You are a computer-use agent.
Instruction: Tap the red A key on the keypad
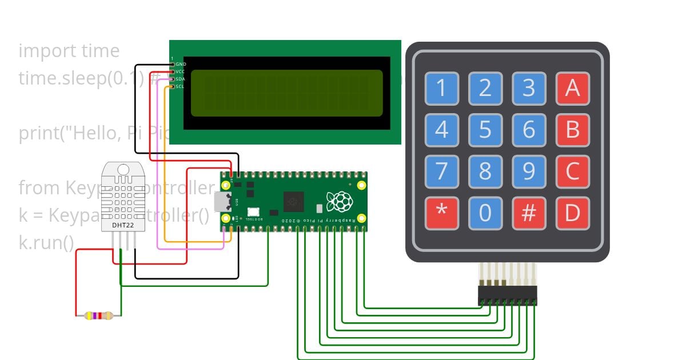point(572,88)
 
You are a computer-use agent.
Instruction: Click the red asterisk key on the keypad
point(441,213)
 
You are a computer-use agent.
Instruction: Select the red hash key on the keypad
point(529,213)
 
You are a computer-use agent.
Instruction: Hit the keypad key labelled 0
point(485,213)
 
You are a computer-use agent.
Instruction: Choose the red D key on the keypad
point(572,213)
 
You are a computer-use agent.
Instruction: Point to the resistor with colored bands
point(98,315)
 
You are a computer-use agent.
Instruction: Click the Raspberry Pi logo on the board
point(338,201)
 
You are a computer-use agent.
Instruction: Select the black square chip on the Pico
point(294,201)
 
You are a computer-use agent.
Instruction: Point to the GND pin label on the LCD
point(181,64)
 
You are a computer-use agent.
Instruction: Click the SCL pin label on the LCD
point(180,86)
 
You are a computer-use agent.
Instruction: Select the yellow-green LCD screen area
point(286,93)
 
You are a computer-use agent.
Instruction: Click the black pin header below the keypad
point(507,295)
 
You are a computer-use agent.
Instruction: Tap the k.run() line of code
point(46,243)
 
